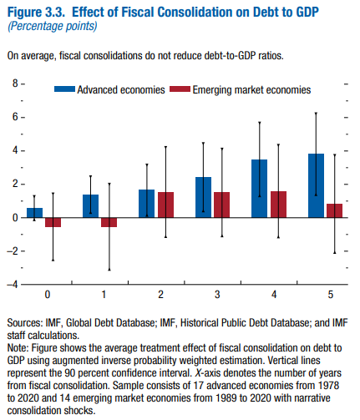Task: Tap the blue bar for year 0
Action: (34, 212)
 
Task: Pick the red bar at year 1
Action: (109, 222)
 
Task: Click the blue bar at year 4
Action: (260, 188)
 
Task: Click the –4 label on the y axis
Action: (13, 284)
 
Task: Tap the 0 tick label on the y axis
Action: (14, 217)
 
